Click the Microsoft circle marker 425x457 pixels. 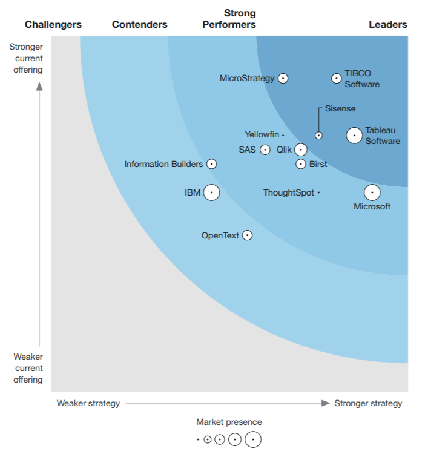[372, 192]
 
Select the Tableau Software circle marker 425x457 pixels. [354, 136]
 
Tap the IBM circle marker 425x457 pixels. [211, 192]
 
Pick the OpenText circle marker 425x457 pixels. [247, 235]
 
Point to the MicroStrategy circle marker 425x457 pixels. [283, 78]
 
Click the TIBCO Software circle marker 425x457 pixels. [336, 78]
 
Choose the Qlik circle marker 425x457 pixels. [301, 150]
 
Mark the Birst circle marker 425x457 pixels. [301, 164]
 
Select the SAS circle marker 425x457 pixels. [265, 150]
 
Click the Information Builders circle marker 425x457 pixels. [211, 164]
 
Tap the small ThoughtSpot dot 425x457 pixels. [318, 192]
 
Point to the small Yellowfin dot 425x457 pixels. [283, 135]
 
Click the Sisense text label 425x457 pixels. [340, 109]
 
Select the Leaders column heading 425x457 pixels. [388, 25]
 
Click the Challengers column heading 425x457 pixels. [53, 25]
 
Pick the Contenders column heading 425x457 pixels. [140, 25]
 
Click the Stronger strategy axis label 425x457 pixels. [368, 403]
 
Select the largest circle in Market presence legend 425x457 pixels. [253, 439]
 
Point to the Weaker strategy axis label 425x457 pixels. [88, 403]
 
